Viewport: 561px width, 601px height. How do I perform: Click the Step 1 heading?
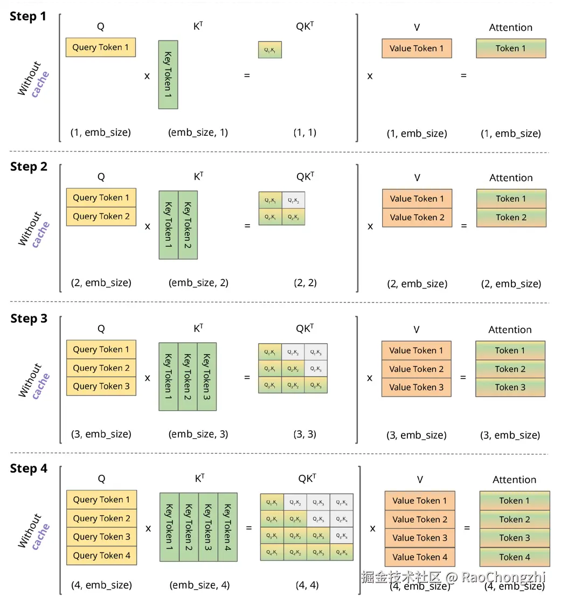[28, 17]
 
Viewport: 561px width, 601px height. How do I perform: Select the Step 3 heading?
[29, 319]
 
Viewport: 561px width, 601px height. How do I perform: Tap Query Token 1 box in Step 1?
[101, 47]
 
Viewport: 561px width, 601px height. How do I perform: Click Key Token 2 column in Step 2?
[188, 225]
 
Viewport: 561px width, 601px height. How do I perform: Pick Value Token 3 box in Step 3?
[416, 387]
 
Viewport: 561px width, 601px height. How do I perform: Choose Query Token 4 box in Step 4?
[101, 555]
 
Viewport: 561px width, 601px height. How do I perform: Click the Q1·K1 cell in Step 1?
[270, 50]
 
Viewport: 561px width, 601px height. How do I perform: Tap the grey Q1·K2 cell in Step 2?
[293, 200]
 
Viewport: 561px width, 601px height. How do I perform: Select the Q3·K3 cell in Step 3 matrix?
[316, 386]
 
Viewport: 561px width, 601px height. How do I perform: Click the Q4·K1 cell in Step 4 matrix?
[272, 552]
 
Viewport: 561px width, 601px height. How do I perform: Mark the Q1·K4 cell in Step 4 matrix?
[342, 502]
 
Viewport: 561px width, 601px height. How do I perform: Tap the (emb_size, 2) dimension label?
[198, 282]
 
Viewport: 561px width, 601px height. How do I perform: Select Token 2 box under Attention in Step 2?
[511, 217]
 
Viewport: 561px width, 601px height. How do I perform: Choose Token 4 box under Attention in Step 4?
[515, 557]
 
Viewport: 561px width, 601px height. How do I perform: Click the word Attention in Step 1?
[510, 27]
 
